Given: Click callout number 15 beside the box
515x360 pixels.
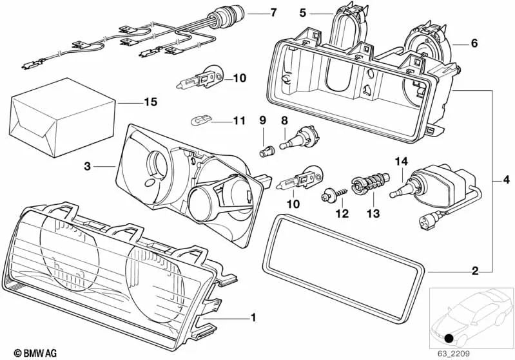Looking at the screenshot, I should (150, 102).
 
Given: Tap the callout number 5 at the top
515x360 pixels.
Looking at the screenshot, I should (303, 12).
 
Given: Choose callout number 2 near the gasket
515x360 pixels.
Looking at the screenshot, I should (475, 270).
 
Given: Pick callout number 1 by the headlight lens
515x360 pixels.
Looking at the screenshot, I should (253, 317).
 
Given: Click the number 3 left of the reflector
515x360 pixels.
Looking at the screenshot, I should (87, 166).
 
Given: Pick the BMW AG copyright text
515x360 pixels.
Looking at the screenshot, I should (23, 353).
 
